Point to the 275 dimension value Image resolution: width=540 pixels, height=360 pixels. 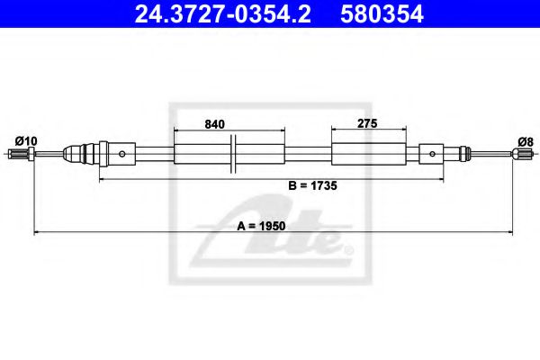[364, 126]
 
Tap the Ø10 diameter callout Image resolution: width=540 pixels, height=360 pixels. [26, 140]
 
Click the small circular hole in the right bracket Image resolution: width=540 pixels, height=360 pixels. [433, 153]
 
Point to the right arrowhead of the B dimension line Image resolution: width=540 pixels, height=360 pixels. [445, 180]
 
